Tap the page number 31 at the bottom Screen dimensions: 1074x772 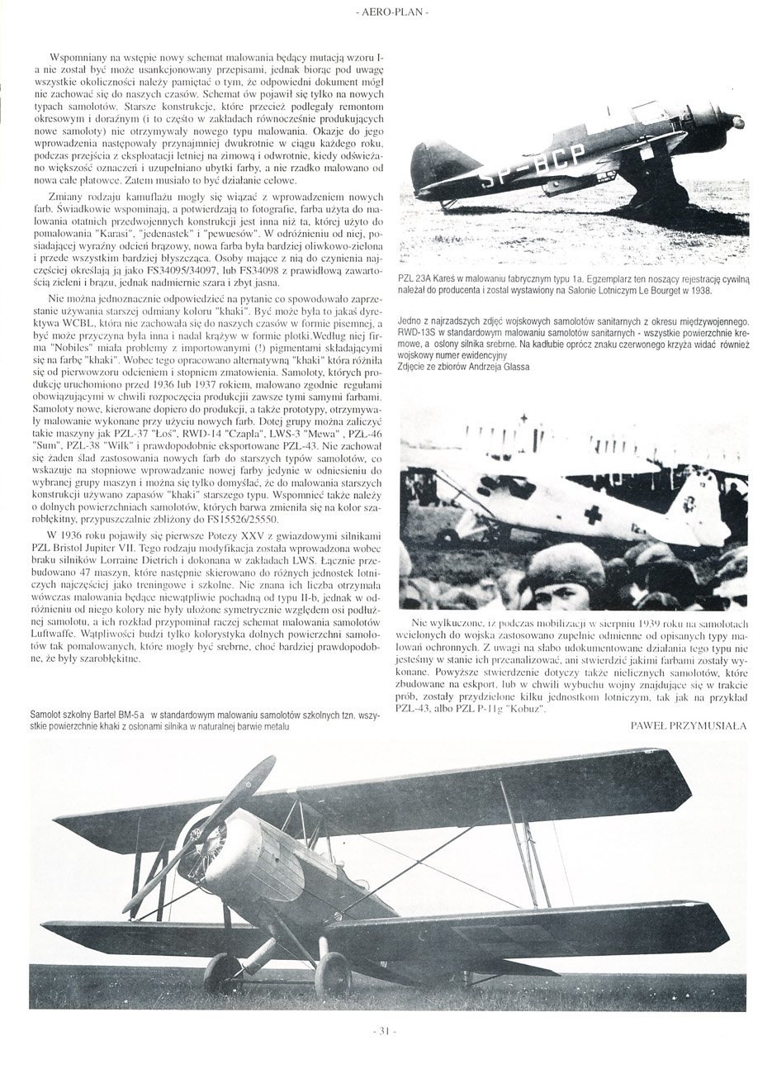coord(385,1031)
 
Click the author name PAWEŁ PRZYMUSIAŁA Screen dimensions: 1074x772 coord(688,727)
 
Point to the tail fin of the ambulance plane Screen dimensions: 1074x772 coord(698,506)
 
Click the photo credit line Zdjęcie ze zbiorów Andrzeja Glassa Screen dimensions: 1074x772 coord(462,366)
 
